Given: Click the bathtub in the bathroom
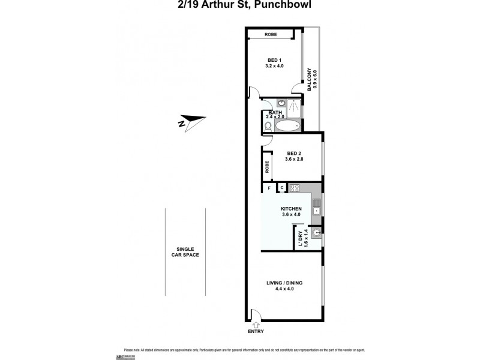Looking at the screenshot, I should [x=283, y=127].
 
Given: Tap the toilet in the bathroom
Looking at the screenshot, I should [x=267, y=127].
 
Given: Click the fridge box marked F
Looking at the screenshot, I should [x=269, y=188].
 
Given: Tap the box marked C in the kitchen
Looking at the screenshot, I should [x=281, y=188].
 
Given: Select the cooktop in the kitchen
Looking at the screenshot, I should [x=295, y=188].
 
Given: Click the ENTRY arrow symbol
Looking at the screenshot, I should [x=256, y=323].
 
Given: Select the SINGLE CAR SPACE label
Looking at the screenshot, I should [x=184, y=252].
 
